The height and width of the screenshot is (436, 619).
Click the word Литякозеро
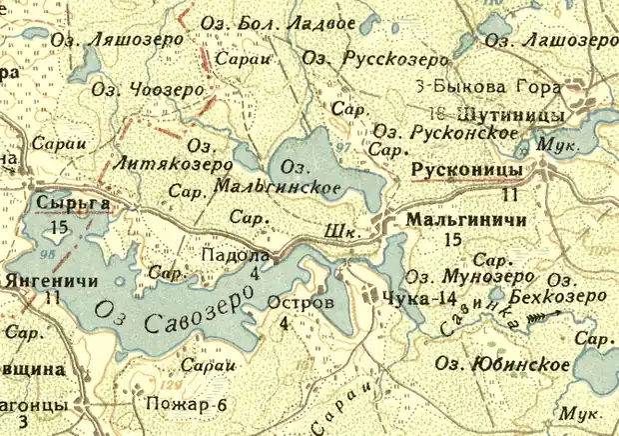coord(175,164)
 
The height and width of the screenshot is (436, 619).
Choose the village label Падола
coord(236,256)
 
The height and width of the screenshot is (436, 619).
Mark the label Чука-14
coord(407,297)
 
